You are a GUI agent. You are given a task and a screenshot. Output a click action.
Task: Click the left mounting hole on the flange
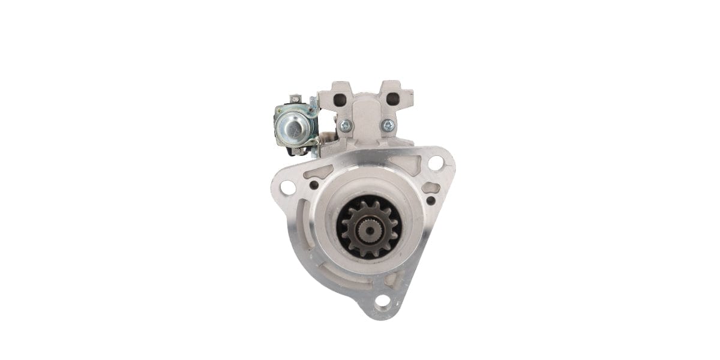pyautogui.click(x=287, y=187)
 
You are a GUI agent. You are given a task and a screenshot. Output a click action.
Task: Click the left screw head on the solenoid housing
pyautogui.click(x=345, y=126)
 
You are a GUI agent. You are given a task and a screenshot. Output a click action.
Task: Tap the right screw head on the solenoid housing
pyautogui.click(x=388, y=125)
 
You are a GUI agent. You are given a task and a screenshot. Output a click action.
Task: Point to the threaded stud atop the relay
pyautogui.click(x=294, y=98)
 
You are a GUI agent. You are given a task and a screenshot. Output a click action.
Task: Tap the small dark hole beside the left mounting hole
pyautogui.click(x=313, y=185)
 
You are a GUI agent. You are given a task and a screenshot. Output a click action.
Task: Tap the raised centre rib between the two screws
pyautogui.click(x=366, y=120)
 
